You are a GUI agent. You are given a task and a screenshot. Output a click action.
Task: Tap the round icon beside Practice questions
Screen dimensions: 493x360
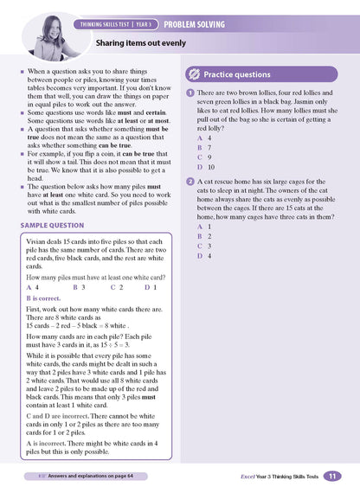pyautogui.click(x=196, y=74)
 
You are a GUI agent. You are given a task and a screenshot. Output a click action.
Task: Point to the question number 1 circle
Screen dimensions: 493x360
pyautogui.click(x=190, y=92)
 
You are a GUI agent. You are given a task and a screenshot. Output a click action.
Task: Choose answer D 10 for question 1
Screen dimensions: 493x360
pyautogui.click(x=206, y=167)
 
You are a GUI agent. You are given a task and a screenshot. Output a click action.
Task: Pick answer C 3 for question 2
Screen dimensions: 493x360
pyautogui.click(x=203, y=246)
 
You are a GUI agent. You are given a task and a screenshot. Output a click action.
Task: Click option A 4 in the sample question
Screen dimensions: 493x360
pyautogui.click(x=33, y=286)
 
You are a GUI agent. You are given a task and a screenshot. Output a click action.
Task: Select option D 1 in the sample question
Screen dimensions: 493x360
pyautogui.click(x=149, y=286)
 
